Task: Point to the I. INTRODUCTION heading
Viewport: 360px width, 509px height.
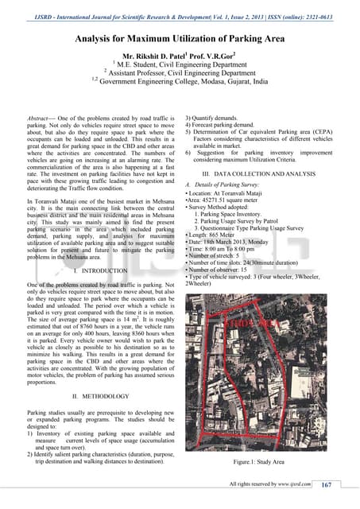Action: click(95, 272)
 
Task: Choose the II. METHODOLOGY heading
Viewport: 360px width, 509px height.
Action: click(95, 395)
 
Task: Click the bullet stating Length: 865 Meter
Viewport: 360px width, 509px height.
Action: click(215, 232)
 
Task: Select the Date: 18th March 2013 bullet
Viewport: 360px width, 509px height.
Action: click(234, 241)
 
